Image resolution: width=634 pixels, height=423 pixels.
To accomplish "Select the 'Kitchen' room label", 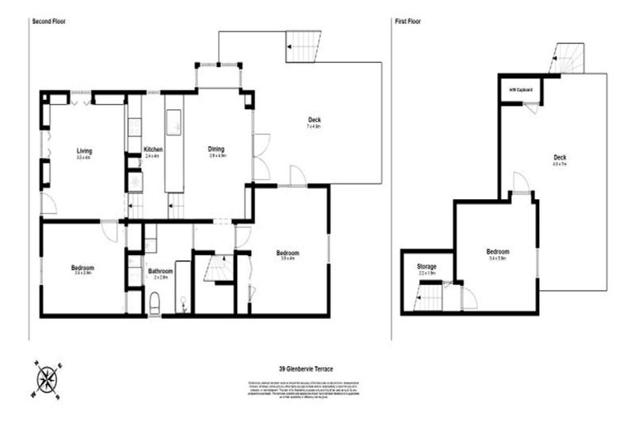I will tap(154, 150).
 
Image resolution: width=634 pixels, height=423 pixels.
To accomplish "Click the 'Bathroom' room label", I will tap(160, 271).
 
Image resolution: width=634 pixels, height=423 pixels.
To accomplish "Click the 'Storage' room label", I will tap(426, 267).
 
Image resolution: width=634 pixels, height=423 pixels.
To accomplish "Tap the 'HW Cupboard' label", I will tap(520, 89).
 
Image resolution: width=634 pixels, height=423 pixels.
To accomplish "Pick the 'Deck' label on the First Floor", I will tap(560, 157).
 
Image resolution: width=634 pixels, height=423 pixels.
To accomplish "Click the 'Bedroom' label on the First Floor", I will tap(498, 252).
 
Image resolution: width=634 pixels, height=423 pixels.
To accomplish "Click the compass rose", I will tap(49, 379).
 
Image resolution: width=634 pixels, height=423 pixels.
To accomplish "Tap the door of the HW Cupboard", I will tap(531, 107).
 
